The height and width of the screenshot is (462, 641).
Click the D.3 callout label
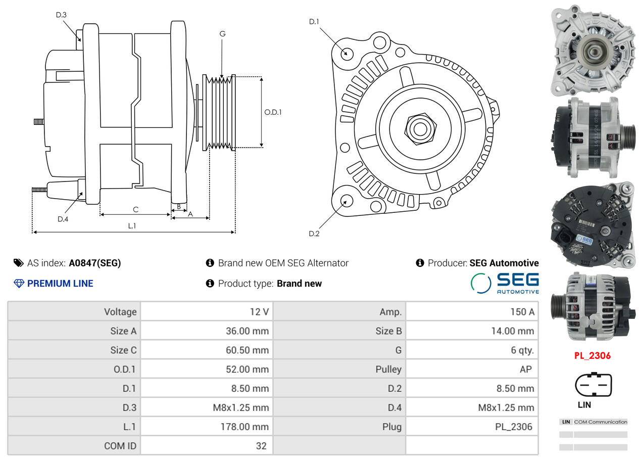tap(61, 15)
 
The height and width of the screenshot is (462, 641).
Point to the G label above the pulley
tap(222, 34)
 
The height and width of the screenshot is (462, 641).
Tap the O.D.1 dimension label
tap(273, 112)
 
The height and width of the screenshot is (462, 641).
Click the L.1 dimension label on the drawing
tap(132, 226)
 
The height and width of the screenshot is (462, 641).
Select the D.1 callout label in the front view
tap(314, 21)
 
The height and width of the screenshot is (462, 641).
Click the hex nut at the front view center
tap(420, 129)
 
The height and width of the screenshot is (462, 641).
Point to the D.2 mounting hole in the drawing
tap(347, 200)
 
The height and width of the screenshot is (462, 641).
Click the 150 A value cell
tap(522, 312)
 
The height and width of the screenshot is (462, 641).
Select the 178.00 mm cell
tap(244, 427)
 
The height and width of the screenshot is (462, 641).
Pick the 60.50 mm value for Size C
tap(247, 350)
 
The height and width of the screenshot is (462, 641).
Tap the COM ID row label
tap(120, 446)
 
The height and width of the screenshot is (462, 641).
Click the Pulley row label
tap(388, 369)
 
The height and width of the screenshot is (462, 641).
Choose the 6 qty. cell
tap(522, 350)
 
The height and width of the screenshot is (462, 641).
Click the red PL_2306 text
tap(593, 356)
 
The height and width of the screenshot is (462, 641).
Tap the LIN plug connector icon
tap(593, 384)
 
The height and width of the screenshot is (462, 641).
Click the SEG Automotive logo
tap(505, 283)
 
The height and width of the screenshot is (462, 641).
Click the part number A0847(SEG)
tap(95, 263)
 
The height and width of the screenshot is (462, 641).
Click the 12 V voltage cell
tap(259, 312)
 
